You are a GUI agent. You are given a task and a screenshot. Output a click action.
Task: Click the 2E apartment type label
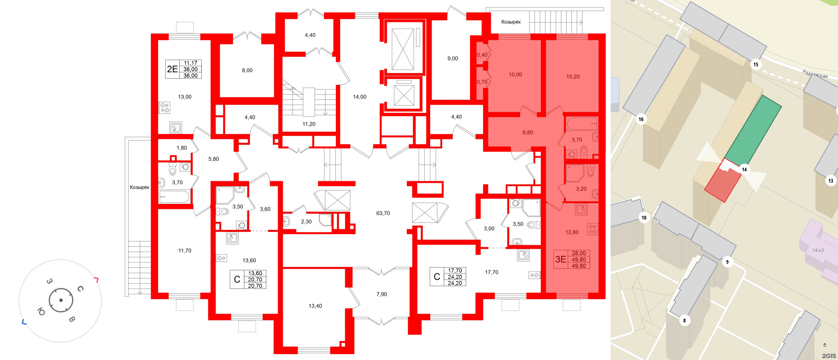pos(172,69)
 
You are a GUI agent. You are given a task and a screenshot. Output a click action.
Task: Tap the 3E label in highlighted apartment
pos(561,259)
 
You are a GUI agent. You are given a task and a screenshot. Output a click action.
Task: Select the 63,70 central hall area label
pos(383,213)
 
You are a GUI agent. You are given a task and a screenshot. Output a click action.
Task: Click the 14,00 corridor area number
pos(359,97)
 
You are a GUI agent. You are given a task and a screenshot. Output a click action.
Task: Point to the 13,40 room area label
pos(315,306)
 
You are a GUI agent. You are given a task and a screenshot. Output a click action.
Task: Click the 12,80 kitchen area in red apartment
pos(572,232)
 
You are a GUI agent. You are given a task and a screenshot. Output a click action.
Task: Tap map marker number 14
pos(744,170)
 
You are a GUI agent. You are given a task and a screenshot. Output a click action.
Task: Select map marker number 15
pos(756,64)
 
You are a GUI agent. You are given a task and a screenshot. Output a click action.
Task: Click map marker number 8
pos(684,320)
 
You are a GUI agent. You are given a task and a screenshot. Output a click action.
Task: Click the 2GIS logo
pos(829,356)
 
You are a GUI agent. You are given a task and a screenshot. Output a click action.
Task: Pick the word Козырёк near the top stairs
pos(511,22)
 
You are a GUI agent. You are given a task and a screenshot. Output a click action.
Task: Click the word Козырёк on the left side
pos(139,187)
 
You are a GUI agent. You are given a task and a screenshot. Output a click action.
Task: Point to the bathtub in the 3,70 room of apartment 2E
pos(174,196)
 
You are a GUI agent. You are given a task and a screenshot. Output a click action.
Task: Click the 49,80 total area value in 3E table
pos(579,260)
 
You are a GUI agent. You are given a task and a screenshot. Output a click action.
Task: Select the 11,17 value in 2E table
pos(190,63)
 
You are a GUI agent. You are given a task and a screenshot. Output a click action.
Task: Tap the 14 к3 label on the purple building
pos(818,250)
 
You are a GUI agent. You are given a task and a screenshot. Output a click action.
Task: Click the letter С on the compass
pos(80,289)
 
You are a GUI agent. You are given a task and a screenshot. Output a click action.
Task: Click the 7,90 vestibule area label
pos(381,294)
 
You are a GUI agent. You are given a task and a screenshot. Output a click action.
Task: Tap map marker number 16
pos(641,119)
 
